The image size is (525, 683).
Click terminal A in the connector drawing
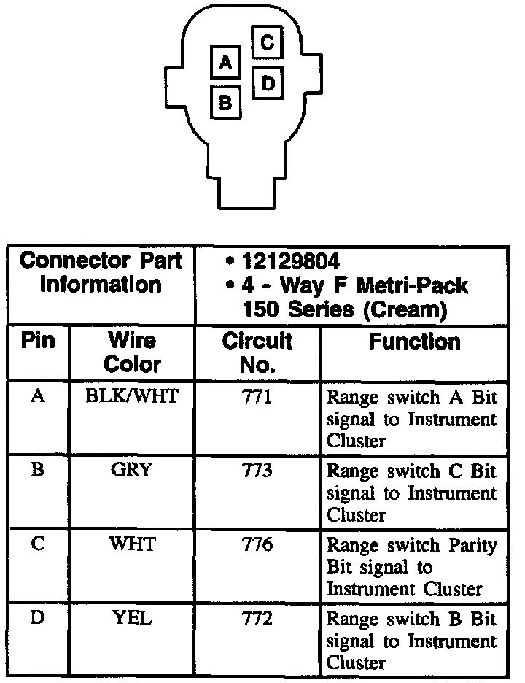pyautogui.click(x=226, y=63)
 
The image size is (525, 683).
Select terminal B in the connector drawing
pyautogui.click(x=226, y=101)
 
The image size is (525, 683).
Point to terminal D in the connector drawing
pyautogui.click(x=268, y=84)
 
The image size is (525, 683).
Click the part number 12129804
pyautogui.click(x=292, y=261)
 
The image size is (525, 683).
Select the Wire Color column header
pyautogui.click(x=132, y=352)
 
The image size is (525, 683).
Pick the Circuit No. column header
pyautogui.click(x=257, y=352)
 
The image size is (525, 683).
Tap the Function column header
pyautogui.click(x=414, y=341)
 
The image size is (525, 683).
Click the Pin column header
pyautogui.click(x=38, y=341)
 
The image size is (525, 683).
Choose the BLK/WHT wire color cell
pyautogui.click(x=132, y=397)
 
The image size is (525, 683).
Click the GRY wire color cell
pyautogui.click(x=131, y=471)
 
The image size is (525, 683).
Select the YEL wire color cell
pyautogui.click(x=132, y=619)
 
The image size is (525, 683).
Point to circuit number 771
pyautogui.click(x=257, y=397)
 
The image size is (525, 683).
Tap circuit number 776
pyautogui.click(x=257, y=544)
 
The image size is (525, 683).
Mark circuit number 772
pyautogui.click(x=257, y=619)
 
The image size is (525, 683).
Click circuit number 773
pyautogui.click(x=257, y=471)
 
